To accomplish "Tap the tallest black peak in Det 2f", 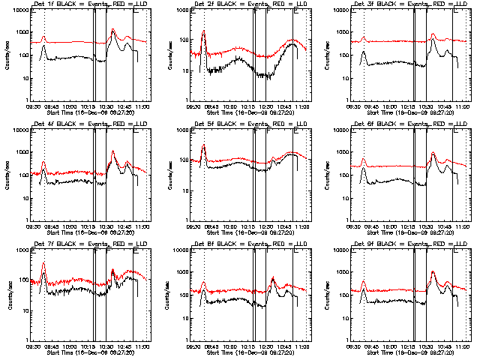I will coord(204,31).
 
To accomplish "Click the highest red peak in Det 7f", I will coord(44,263).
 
